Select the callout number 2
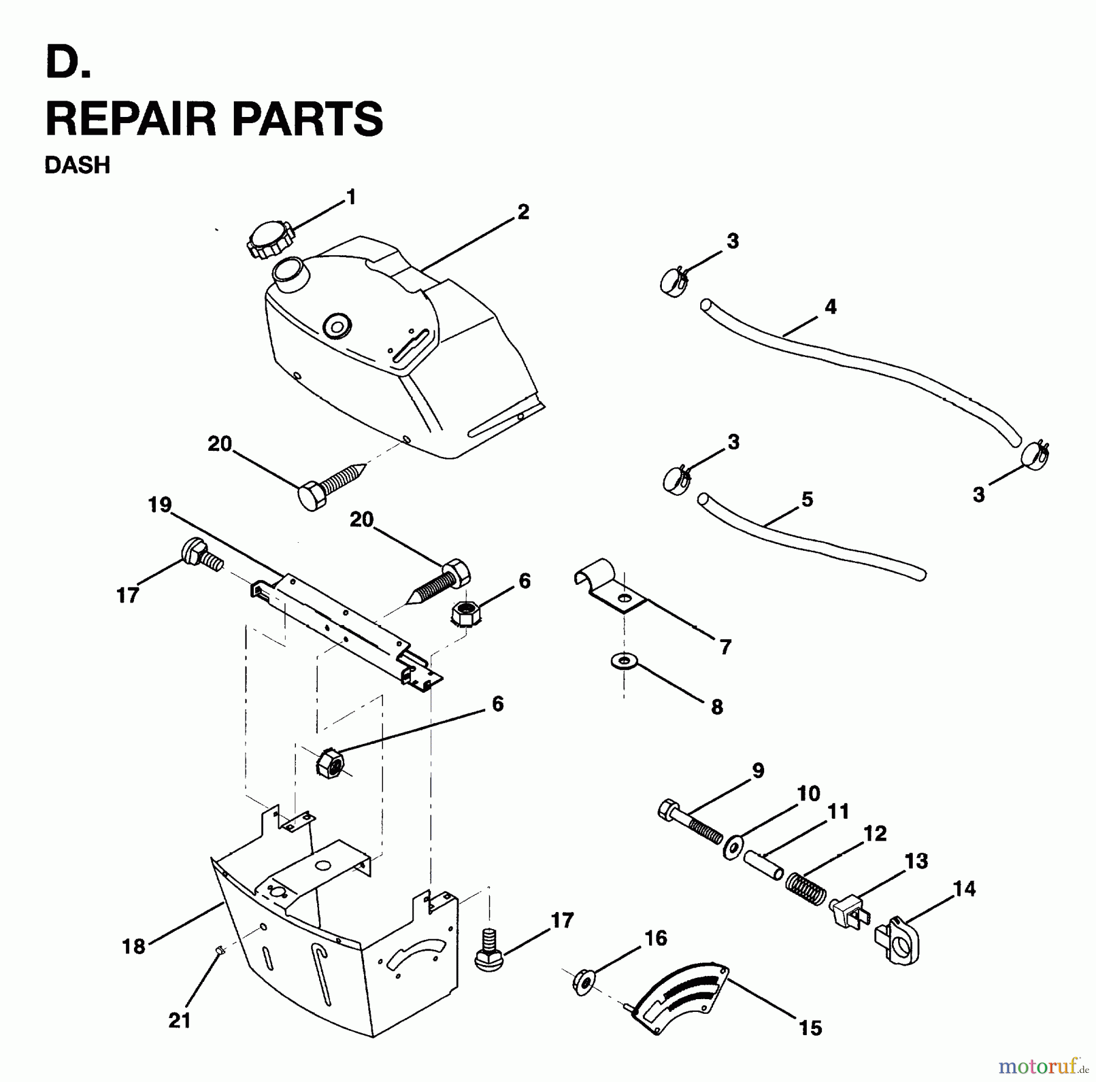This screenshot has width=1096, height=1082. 523,212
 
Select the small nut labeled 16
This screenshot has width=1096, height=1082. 583,981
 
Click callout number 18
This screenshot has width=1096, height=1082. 134,946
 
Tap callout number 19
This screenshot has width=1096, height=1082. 160,505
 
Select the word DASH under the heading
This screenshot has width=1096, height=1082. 77,165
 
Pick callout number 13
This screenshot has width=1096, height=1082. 916,861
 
